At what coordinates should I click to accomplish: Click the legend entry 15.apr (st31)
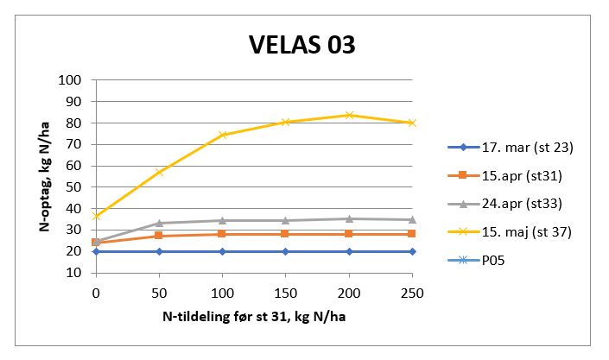521,175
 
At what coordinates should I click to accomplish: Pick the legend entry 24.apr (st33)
521,204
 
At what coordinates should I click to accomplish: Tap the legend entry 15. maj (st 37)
526,231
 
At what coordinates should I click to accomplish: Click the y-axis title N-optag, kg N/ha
43,175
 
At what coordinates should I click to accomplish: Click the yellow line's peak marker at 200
349,115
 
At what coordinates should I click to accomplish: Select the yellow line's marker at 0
96,216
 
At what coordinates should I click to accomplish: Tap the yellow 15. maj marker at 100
222,135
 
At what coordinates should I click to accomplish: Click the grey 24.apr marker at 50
159,223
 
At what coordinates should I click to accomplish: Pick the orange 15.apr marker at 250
412,234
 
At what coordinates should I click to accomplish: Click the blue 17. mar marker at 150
285,251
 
